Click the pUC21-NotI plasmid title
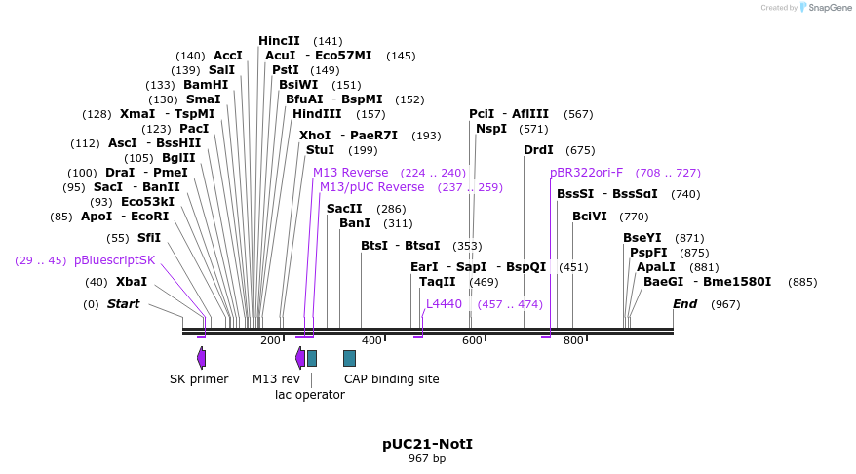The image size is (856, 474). (427, 444)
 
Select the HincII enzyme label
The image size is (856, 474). (279, 41)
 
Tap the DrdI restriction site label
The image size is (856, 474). (538, 150)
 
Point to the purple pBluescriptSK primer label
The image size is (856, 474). (114, 260)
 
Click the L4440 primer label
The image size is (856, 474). (444, 304)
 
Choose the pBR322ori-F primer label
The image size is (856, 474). (586, 173)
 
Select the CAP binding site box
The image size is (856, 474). (349, 358)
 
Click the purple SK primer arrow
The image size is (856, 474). (201, 358)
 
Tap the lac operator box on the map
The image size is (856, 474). (312, 358)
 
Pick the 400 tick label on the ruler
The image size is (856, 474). (371, 340)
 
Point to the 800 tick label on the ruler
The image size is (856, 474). (573, 340)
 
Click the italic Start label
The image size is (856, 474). (123, 304)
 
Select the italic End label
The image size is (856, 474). (684, 304)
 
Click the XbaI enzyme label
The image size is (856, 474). (132, 282)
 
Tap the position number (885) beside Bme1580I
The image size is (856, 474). (802, 282)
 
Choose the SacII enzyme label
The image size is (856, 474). (344, 209)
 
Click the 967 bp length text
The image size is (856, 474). (427, 458)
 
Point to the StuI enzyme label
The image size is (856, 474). (320, 150)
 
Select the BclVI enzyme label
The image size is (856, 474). (589, 217)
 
